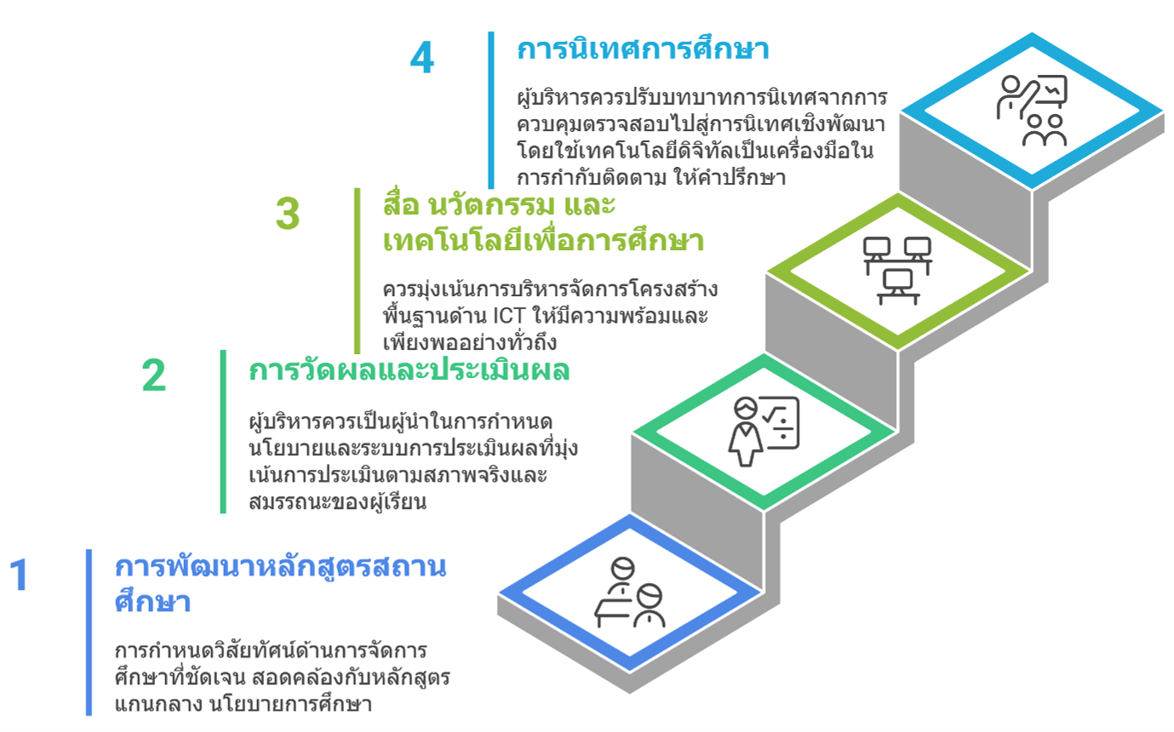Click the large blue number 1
20,575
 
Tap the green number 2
153,375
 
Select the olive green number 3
288,214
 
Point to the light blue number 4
422,57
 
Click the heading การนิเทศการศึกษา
643,49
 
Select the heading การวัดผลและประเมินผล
409,370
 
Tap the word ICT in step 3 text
508,316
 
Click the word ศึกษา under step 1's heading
152,601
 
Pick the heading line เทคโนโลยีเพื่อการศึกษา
543,241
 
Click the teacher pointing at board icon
1032,111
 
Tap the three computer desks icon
897,271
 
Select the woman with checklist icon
764,431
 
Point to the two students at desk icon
629,592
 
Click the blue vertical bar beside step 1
89,632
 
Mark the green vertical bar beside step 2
223,432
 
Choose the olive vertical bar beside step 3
358,271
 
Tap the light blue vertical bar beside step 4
491,110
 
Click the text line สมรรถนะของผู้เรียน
337,501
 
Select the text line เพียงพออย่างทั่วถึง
470,343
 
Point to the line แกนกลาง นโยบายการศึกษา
243,704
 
